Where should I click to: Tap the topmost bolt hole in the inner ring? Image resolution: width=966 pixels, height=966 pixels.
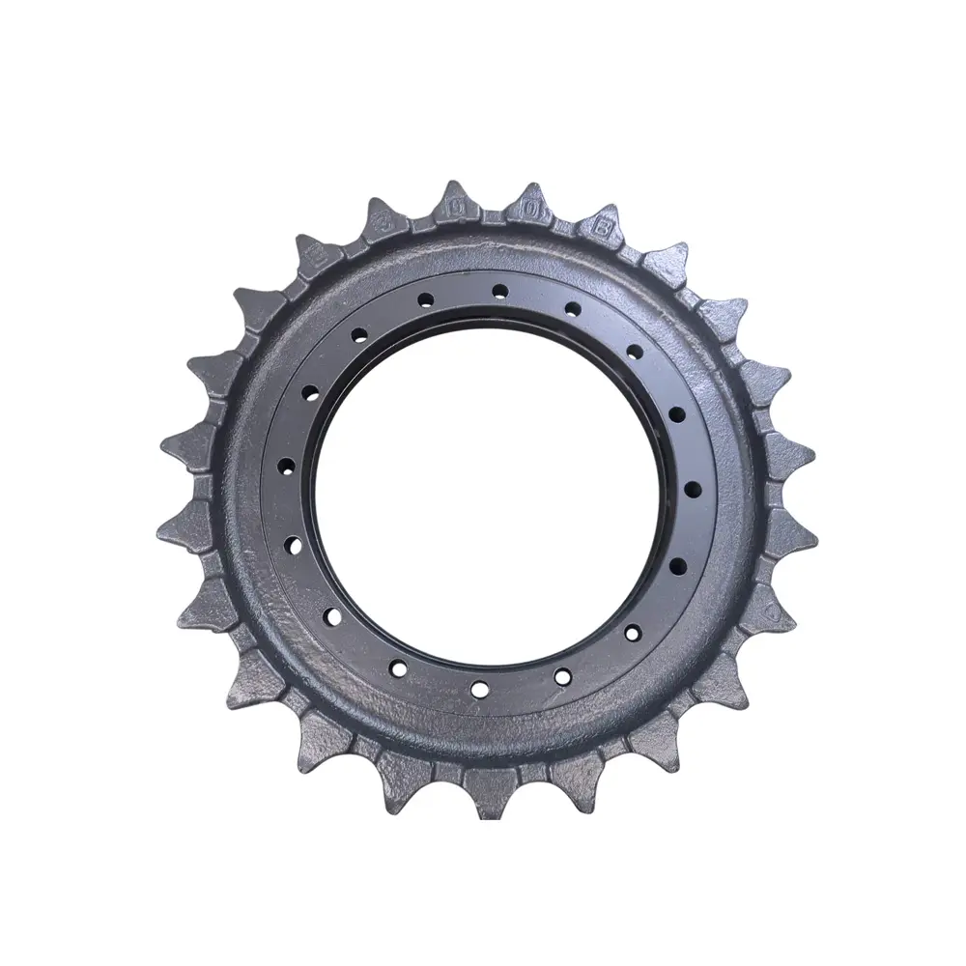pos(498,289)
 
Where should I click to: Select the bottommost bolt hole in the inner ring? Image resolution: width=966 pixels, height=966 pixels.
pos(479,688)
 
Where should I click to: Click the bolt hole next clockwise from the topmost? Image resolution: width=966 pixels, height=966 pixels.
pos(573,309)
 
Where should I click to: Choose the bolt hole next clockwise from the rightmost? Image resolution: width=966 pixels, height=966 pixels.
pos(678,564)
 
